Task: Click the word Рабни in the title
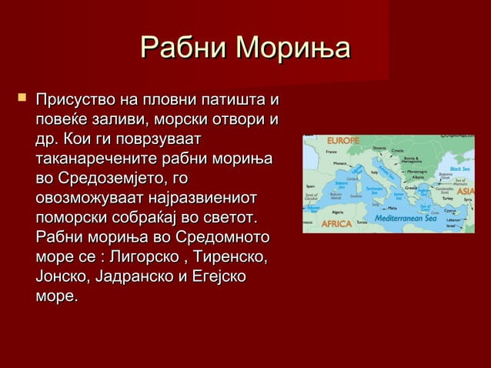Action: (x=184, y=49)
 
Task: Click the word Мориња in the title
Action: (x=293, y=49)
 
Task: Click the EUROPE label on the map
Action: (x=343, y=141)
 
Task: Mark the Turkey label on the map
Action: (x=447, y=198)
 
